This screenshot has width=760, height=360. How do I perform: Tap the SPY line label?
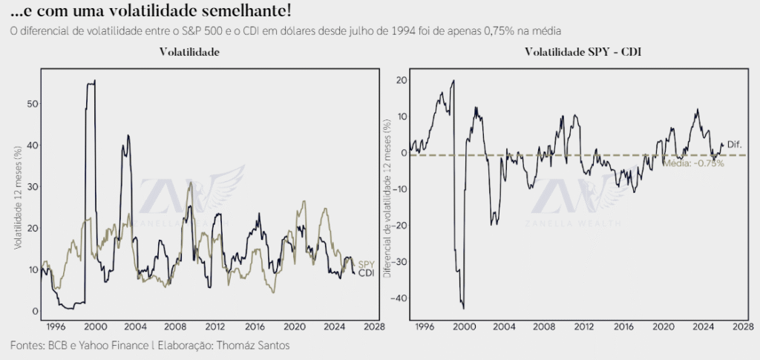tap(366, 265)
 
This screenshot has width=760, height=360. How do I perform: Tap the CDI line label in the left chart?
tap(366, 274)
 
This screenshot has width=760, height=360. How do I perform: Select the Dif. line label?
tap(734, 144)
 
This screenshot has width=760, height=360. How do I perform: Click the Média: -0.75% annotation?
tap(693, 163)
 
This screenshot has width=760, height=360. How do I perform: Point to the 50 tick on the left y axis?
tap(30, 104)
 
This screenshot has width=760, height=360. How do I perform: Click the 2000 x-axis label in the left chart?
tap(94, 326)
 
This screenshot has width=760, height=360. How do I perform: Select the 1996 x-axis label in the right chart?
tap(424, 326)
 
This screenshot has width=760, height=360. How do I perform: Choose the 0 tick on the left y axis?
tap(33, 311)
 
